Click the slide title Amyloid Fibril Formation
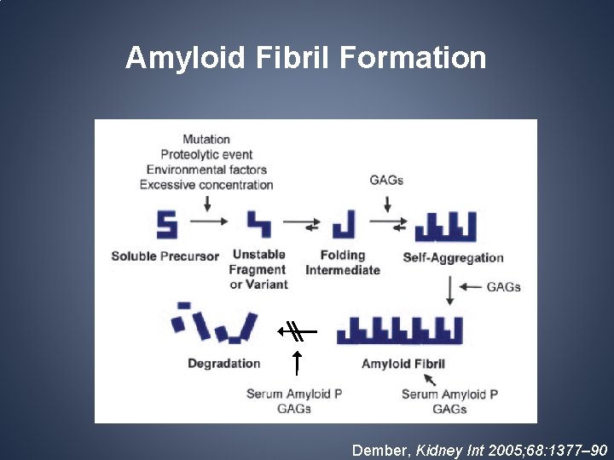(x=305, y=58)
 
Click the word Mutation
(x=206, y=139)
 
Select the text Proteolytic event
(x=206, y=154)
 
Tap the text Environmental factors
(x=206, y=170)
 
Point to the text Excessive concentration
(x=206, y=185)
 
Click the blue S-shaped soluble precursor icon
(x=166, y=224)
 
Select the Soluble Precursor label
(x=165, y=256)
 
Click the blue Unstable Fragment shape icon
(x=258, y=224)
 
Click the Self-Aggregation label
(x=453, y=257)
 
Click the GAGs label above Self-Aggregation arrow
(x=386, y=180)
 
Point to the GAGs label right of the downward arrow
(x=503, y=287)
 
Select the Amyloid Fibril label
(x=403, y=364)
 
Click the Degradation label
(x=223, y=364)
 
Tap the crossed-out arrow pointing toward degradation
(x=297, y=331)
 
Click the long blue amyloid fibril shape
(x=400, y=331)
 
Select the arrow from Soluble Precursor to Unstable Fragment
(x=208, y=221)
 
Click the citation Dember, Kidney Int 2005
(x=479, y=448)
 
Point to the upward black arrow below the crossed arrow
(x=296, y=362)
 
